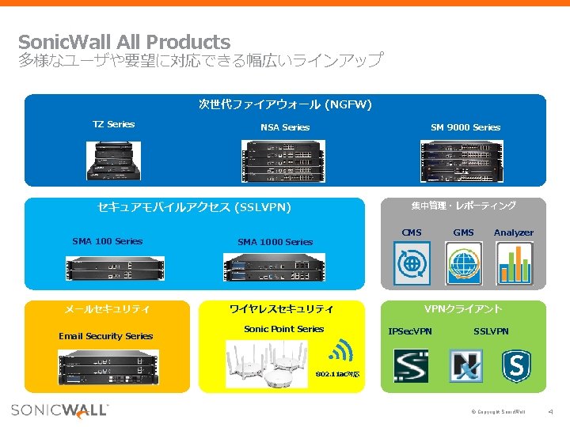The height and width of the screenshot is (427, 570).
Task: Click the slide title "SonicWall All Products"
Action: [x=124, y=42]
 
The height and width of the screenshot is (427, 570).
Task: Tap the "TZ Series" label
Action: [x=114, y=124]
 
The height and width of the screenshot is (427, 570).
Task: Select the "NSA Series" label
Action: [x=285, y=127]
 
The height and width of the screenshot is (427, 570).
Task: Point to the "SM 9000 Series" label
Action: [x=465, y=127]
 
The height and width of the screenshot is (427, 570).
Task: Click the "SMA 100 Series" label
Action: [x=107, y=241]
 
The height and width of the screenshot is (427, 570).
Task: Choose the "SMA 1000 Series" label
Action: [x=275, y=242]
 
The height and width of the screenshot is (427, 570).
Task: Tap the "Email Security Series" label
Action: [x=106, y=336]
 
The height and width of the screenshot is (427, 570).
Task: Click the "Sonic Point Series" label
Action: [x=284, y=329]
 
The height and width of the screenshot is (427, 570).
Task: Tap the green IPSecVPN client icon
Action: [x=411, y=367]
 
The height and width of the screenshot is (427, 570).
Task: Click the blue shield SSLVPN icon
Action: [x=517, y=367]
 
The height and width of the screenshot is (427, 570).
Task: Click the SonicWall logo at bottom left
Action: [x=60, y=410]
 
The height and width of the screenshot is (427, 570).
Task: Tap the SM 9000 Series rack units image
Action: [x=465, y=161]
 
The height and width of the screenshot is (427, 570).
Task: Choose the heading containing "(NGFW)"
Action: [x=285, y=104]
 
